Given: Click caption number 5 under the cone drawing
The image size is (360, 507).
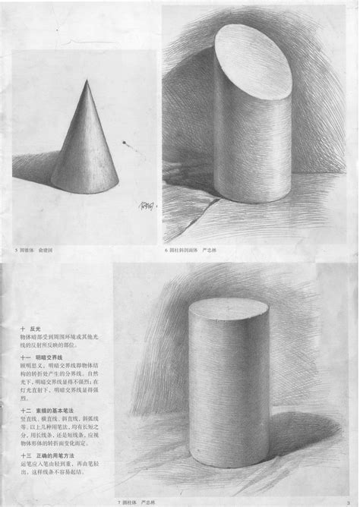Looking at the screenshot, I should pyautogui.click(x=15, y=250).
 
